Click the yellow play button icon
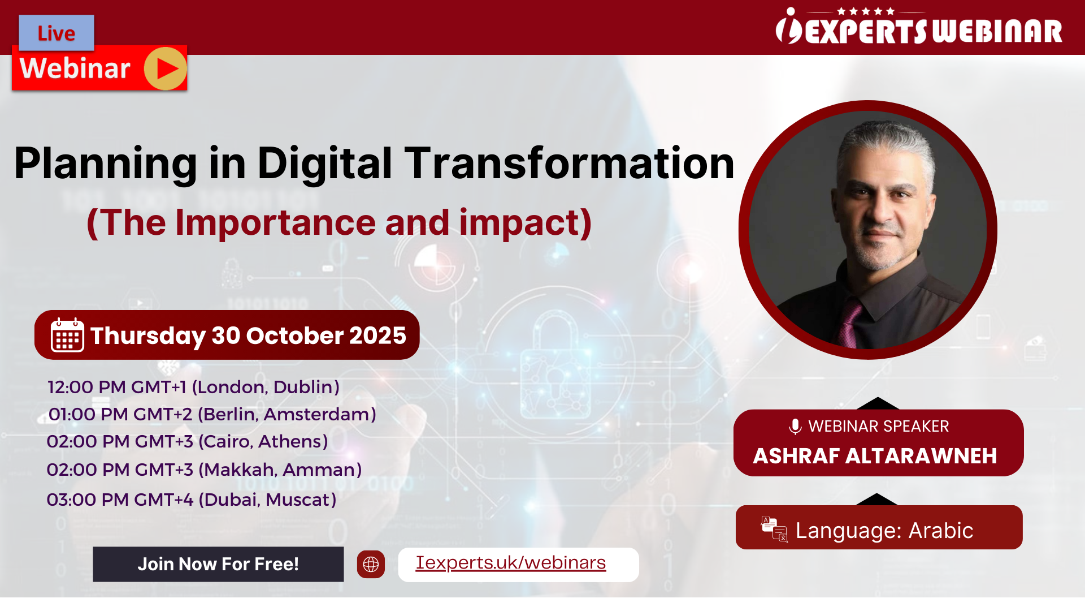pyautogui.click(x=165, y=68)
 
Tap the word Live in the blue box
pyautogui.click(x=57, y=33)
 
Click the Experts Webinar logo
pyautogui.click(x=919, y=26)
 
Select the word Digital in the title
pyautogui.click(x=325, y=163)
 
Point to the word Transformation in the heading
pyautogui.click(x=570, y=163)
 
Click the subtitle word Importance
pyautogui.click(x=275, y=222)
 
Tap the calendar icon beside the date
pyautogui.click(x=67, y=335)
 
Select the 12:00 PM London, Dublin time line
pyautogui.click(x=193, y=387)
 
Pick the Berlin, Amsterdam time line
pyautogui.click(x=212, y=414)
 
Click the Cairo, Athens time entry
pyautogui.click(x=187, y=441)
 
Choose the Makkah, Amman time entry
pyautogui.click(x=204, y=470)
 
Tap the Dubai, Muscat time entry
pyautogui.click(x=191, y=500)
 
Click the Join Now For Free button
pyautogui.click(x=218, y=564)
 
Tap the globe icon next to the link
pyautogui.click(x=371, y=564)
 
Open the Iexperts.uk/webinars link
pyautogui.click(x=511, y=563)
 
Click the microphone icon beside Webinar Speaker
pyautogui.click(x=795, y=427)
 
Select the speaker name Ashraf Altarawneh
pyautogui.click(x=875, y=456)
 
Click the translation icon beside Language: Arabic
pyautogui.click(x=774, y=530)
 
